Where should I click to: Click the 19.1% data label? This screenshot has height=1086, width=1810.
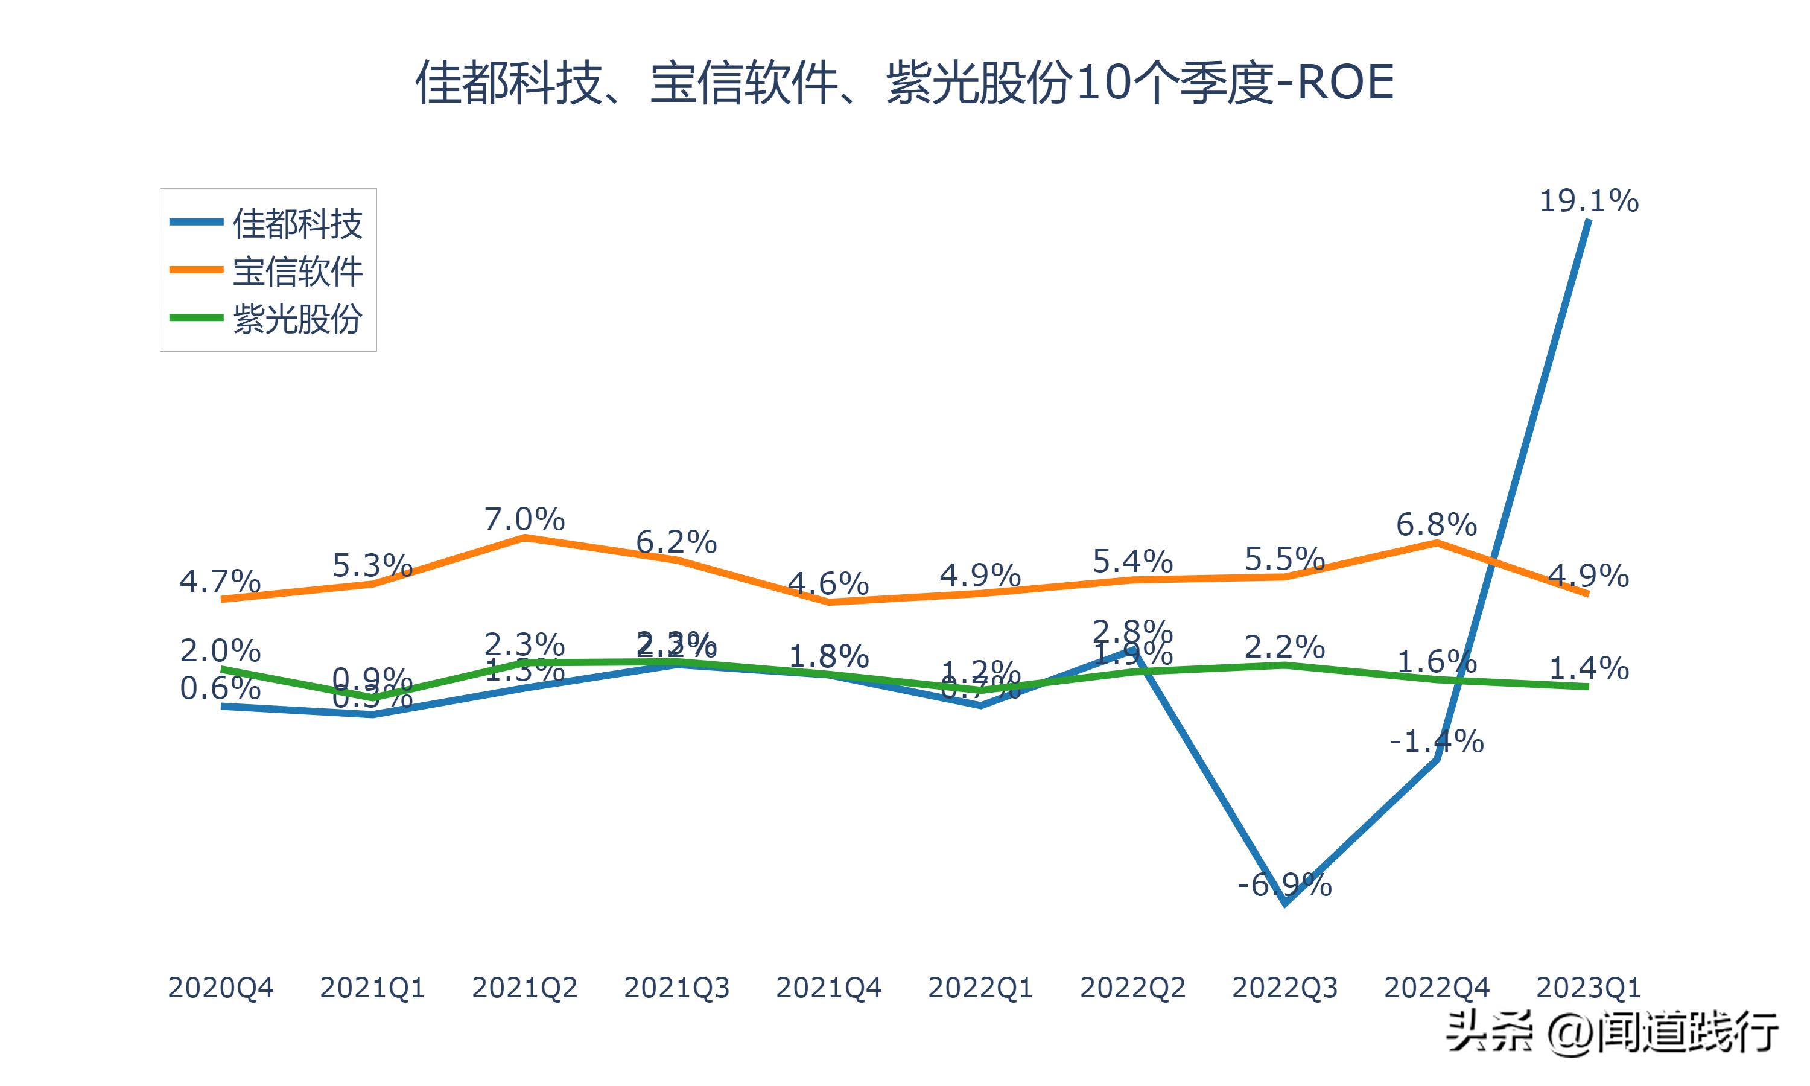[x=1589, y=202]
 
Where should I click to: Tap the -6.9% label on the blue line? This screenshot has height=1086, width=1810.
[x=1284, y=886]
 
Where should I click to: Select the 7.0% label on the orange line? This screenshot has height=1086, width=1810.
[x=524, y=519]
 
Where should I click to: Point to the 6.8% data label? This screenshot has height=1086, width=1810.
[x=1436, y=525]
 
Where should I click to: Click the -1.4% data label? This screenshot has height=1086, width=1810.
[x=1436, y=742]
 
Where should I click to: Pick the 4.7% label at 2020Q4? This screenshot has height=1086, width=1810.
[x=220, y=582]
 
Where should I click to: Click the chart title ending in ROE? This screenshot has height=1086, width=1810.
[x=904, y=82]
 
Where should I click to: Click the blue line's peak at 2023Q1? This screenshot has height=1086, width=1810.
[x=1589, y=220]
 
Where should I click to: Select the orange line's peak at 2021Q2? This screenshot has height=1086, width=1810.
[x=524, y=537]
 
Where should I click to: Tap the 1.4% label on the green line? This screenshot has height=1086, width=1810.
[x=1589, y=668]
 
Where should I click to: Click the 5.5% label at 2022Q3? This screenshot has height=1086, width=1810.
[x=1284, y=559]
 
